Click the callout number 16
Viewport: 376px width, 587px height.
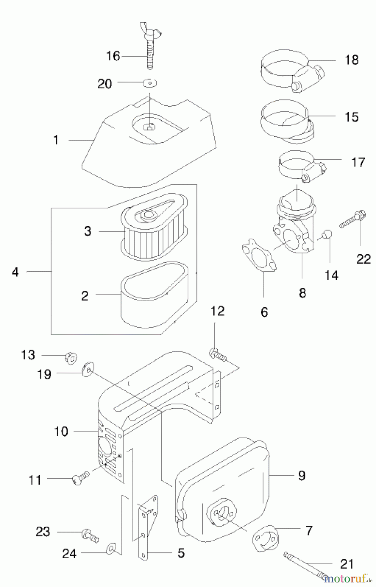113,56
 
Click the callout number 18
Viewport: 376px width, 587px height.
352,60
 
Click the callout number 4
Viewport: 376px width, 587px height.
15,272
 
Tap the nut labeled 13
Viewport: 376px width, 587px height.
70,357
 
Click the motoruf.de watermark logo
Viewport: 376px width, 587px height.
347,579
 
